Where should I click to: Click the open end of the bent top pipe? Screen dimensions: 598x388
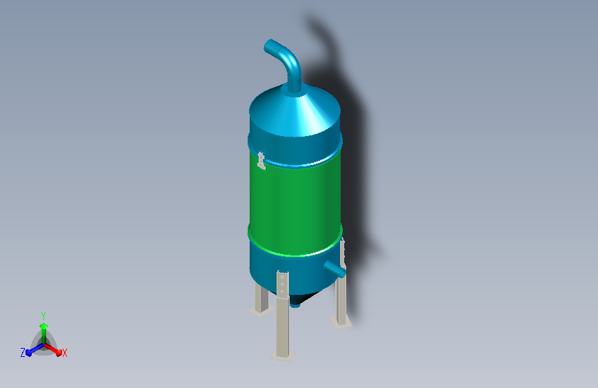(x=268, y=46)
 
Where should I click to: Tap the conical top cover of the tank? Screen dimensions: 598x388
(x=295, y=110)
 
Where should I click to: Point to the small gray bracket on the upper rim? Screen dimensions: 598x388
(x=261, y=161)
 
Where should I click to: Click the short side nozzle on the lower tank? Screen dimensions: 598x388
(x=335, y=269)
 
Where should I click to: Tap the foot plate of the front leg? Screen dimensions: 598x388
(x=283, y=355)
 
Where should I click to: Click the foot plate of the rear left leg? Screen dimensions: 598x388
(x=261, y=311)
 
